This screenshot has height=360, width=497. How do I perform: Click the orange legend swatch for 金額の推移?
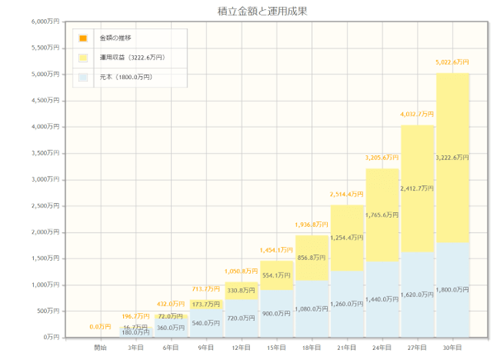point(84,39)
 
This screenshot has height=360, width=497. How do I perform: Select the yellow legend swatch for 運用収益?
point(84,58)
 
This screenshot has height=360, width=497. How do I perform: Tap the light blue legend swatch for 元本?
point(84,78)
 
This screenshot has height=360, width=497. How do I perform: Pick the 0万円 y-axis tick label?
point(53,337)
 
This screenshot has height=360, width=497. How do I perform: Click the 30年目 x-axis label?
point(452,348)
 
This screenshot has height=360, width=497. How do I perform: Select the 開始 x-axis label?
point(99,348)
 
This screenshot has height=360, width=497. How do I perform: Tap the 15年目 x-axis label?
point(276,348)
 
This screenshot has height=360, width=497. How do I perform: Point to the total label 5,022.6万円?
point(452,62)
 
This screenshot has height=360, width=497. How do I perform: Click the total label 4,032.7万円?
point(417,114)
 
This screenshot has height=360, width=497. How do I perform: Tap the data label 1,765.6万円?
point(382,215)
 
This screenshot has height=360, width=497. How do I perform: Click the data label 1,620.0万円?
point(417,295)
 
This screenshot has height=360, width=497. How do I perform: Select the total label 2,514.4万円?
point(347,194)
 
